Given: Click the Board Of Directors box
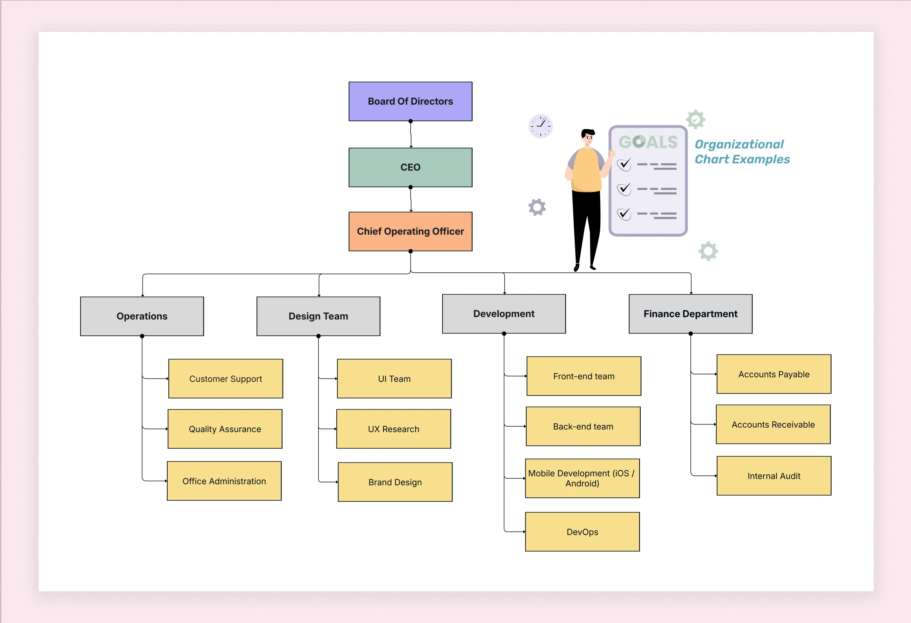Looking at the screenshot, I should tap(410, 102).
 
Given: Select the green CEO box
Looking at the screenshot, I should tap(410, 167).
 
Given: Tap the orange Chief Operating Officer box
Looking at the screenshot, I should tap(410, 231).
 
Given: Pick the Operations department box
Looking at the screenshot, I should tap(142, 316).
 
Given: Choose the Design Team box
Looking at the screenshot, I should tap(318, 316).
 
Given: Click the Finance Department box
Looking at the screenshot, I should tap(690, 314).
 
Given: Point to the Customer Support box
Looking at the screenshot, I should tap(225, 379).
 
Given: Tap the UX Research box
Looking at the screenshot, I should tap(394, 429).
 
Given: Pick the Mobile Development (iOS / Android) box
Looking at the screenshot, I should tap(582, 478).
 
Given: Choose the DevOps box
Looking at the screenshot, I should tap(582, 532).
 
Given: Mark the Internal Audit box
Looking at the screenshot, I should tap(774, 476).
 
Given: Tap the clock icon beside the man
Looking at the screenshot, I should tap(541, 126).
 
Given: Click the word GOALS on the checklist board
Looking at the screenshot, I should tap(648, 142).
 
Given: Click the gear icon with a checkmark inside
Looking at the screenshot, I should tap(696, 120).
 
